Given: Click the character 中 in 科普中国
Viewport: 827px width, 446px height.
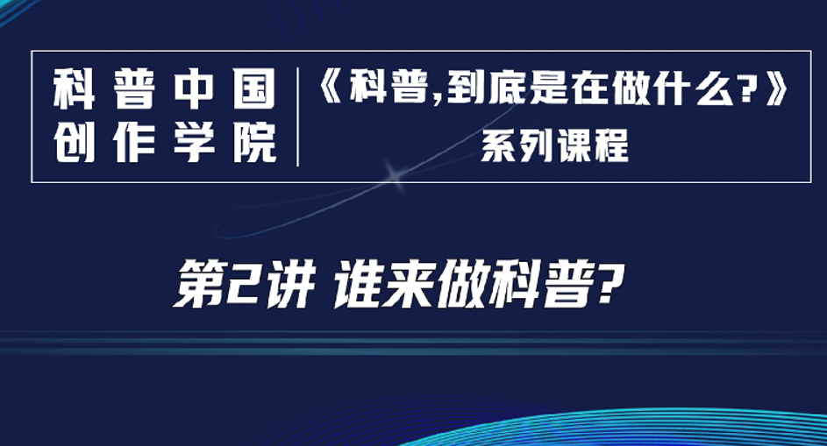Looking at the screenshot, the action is [195, 88].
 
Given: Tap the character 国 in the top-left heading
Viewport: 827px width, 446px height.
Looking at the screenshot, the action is [254, 88].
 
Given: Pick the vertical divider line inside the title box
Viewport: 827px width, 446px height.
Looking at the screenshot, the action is [298, 117].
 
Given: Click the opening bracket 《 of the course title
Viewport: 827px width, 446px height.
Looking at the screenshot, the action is [332, 88].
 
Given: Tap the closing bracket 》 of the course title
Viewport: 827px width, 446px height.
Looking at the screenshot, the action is [776, 88].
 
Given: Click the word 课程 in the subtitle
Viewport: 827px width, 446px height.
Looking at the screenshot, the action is [593, 145].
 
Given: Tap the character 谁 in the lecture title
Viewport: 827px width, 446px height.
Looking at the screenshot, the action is [357, 285].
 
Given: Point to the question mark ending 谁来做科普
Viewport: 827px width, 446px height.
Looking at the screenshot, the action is [608, 284].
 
